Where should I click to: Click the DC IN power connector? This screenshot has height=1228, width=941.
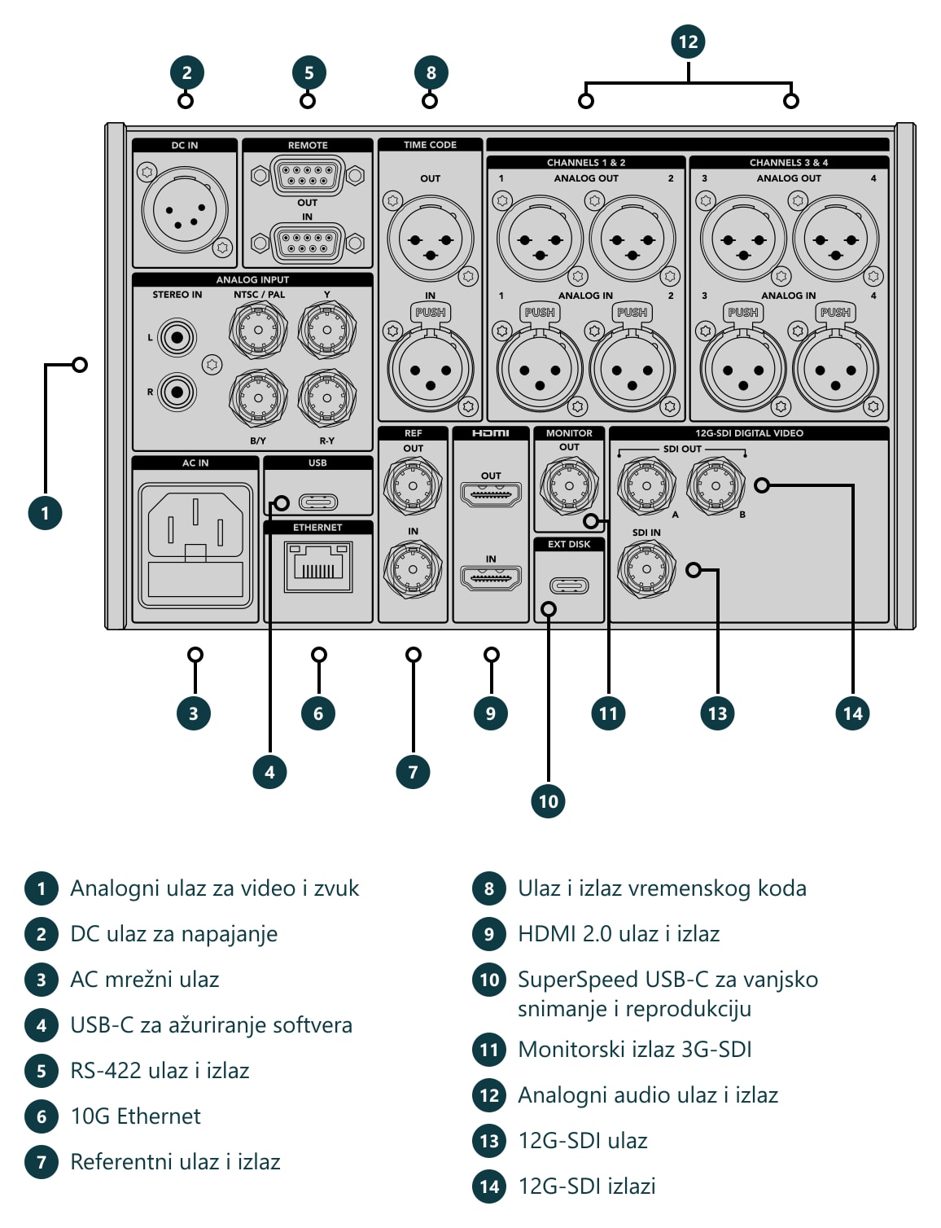click(x=184, y=210)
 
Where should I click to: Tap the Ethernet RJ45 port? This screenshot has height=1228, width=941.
click(x=318, y=567)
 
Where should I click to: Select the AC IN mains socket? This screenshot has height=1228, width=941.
click(x=195, y=545)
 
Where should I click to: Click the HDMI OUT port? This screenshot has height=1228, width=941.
click(x=491, y=494)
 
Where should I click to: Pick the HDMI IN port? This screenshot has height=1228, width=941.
click(x=491, y=577)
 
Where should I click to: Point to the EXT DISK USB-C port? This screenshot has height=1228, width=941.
click(x=569, y=585)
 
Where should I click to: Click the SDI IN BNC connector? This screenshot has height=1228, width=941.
click(x=646, y=569)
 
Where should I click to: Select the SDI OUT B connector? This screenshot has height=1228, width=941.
click(x=716, y=485)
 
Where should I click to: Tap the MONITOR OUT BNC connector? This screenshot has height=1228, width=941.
click(x=569, y=485)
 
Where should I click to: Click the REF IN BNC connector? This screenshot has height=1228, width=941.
click(x=413, y=569)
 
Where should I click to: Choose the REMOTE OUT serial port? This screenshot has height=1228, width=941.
click(x=307, y=176)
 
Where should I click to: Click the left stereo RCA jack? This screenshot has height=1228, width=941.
click(x=177, y=338)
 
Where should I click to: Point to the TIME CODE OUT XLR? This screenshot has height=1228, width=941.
click(x=431, y=239)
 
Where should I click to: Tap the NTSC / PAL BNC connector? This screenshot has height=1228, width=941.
click(x=258, y=331)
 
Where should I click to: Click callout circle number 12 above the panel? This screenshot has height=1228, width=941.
click(x=688, y=42)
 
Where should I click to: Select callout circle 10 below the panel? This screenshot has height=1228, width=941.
click(x=548, y=800)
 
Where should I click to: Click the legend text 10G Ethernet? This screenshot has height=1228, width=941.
click(x=136, y=1116)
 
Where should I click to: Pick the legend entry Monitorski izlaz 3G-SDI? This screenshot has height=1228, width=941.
click(x=635, y=1050)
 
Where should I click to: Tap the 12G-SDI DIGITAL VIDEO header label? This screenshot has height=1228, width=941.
click(x=749, y=433)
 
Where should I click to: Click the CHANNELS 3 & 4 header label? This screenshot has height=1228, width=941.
click(x=789, y=163)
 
